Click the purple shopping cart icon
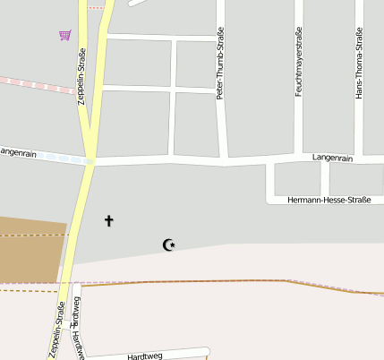tap(64, 35)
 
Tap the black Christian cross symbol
tap(109, 220)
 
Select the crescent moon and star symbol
tap(167, 244)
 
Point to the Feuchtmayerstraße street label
tap(299, 61)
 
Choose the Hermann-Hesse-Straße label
tap(329, 199)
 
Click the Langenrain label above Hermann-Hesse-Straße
tap(334, 158)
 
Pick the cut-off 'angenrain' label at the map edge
tap(17, 152)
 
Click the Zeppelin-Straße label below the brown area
tap(56, 330)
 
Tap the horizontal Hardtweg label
tap(145, 356)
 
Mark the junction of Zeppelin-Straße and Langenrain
tap(90, 161)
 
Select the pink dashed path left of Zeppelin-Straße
tap(36, 84)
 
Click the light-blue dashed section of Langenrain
tap(54, 158)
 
